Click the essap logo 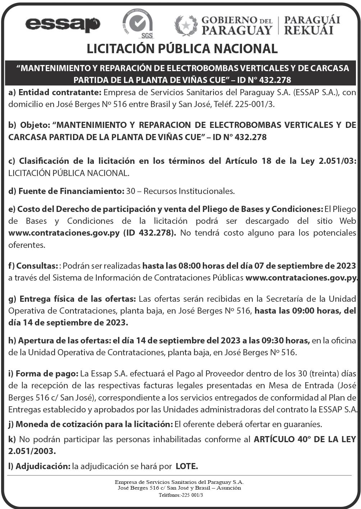coord(63,25)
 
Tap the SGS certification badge coord(138,24)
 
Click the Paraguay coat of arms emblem coord(186,26)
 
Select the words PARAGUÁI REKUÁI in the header coord(312,25)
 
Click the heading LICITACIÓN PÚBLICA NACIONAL coord(182,49)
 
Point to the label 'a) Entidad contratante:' coord(55,92)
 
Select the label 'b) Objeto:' coord(29,125)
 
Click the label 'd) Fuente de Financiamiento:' coord(66,191)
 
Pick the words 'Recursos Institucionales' coord(190,191)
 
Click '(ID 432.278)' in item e coord(150,233)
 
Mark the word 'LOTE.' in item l coord(187,466)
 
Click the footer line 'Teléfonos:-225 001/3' coord(181,495)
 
